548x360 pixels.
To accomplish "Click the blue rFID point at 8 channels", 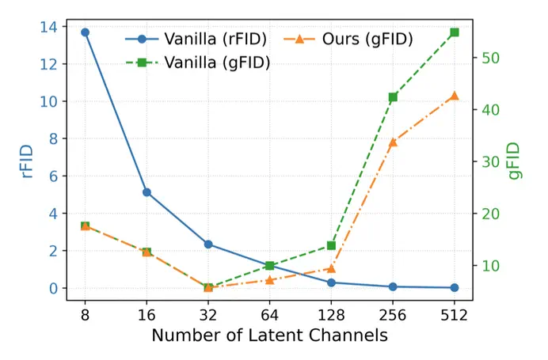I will point(85,32).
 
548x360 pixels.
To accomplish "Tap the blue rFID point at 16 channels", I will point(147,192).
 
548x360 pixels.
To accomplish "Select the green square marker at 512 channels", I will point(455,32).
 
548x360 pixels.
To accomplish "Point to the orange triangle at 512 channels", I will point(455,96).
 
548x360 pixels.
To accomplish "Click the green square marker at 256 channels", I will point(393,97).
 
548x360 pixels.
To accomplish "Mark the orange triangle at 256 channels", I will point(393,142).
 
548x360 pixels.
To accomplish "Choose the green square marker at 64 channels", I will point(269,266).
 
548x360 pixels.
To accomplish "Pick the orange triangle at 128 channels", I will point(331,268).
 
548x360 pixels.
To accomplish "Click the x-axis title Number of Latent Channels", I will point(269,335).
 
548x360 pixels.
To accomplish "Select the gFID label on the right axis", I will point(516,161).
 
